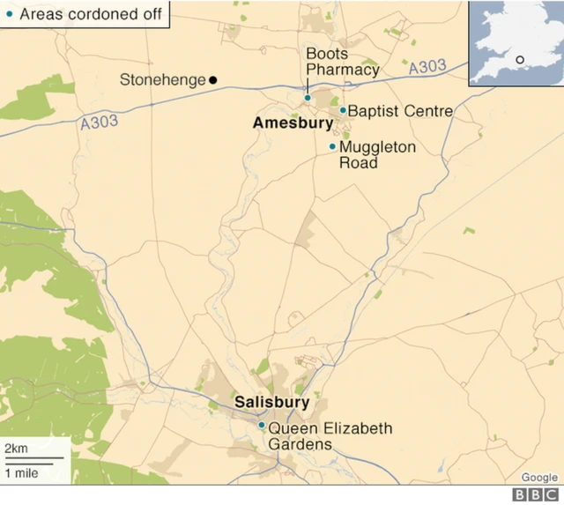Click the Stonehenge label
pyautogui.click(x=162, y=80)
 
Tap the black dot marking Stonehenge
pyautogui.click(x=213, y=80)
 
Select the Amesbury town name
pyautogui.click(x=292, y=124)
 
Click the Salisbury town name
pyautogui.click(x=271, y=403)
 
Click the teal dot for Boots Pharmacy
pyautogui.click(x=307, y=98)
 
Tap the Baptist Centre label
pyautogui.click(x=400, y=111)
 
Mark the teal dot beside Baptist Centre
pyautogui.click(x=343, y=110)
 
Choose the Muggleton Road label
pyautogui.click(x=376, y=154)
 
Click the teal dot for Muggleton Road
pyautogui.click(x=332, y=146)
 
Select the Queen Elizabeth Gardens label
pyautogui.click(x=330, y=435)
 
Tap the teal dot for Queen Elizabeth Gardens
pyautogui.click(x=261, y=425)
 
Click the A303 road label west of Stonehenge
pyautogui.click(x=99, y=123)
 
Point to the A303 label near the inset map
pyautogui.click(x=427, y=68)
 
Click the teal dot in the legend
pyautogui.click(x=9, y=14)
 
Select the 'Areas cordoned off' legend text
pyautogui.click(x=91, y=14)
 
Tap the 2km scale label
pyautogui.click(x=16, y=449)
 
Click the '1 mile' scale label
pyautogui.click(x=22, y=473)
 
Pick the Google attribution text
pyautogui.click(x=538, y=478)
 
